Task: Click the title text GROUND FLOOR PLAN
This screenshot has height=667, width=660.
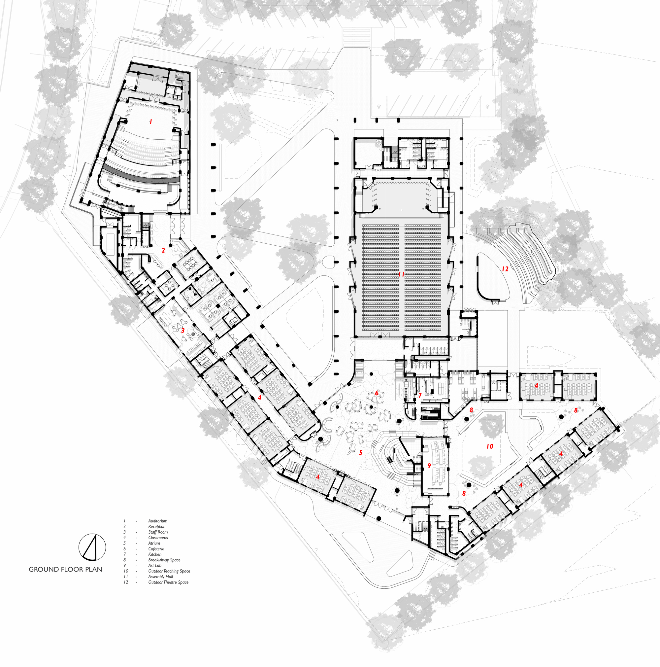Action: (x=66, y=569)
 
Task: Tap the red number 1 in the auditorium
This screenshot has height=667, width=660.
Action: (x=150, y=122)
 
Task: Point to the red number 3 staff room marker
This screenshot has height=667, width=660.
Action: (x=183, y=331)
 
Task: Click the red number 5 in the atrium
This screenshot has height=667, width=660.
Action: (x=361, y=453)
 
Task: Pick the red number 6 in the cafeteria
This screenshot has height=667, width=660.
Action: (x=377, y=393)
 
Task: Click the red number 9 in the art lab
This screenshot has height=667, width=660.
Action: (x=429, y=466)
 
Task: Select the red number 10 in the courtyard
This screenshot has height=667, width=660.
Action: (x=490, y=446)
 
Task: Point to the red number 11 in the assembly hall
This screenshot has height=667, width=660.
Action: (x=401, y=274)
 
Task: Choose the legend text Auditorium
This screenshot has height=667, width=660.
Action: (x=158, y=521)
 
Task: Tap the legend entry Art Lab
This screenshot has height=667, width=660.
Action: (x=155, y=566)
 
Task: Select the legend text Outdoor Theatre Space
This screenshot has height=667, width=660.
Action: (x=168, y=582)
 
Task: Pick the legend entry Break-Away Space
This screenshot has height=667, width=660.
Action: (x=164, y=560)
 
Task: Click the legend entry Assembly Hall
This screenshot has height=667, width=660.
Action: (x=160, y=577)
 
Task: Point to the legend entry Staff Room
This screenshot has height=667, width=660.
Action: (x=158, y=532)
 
